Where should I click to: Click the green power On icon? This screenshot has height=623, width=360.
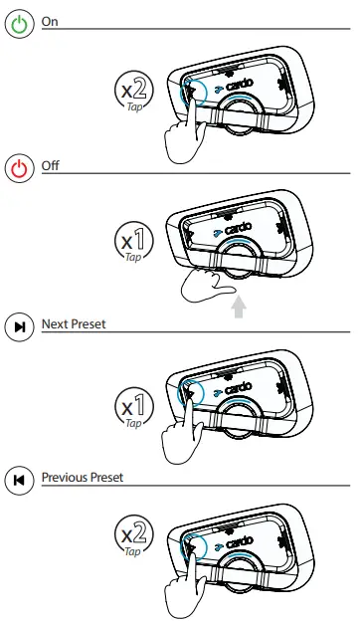(20, 24)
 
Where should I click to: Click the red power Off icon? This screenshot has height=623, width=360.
(20, 167)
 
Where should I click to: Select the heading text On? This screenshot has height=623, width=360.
(50, 21)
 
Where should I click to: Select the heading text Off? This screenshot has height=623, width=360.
(51, 165)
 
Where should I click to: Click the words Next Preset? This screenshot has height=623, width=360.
(74, 324)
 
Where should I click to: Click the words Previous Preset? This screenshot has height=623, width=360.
(82, 479)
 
